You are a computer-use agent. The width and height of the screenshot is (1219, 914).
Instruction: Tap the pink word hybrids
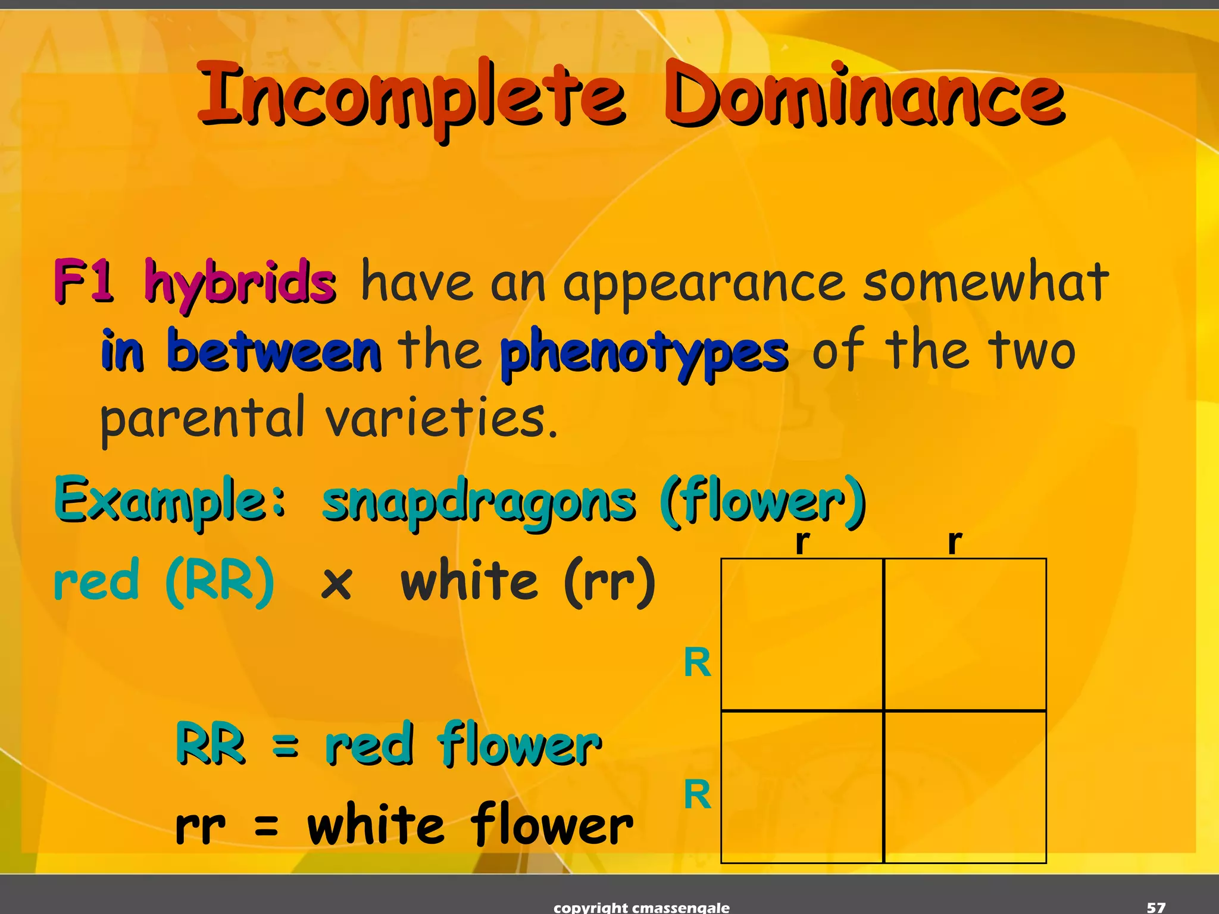pyautogui.click(x=240, y=283)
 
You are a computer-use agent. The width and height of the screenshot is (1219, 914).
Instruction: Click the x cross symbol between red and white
pyautogui.click(x=337, y=583)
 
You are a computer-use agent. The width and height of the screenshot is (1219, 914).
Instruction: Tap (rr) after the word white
pyautogui.click(x=610, y=582)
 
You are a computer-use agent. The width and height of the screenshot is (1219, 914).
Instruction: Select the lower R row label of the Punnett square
pyautogui.click(x=698, y=794)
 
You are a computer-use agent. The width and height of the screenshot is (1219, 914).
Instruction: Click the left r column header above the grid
pyautogui.click(x=802, y=541)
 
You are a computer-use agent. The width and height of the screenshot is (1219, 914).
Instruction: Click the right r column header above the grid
pyautogui.click(x=955, y=541)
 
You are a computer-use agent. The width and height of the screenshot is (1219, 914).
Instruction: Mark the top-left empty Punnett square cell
pyautogui.click(x=802, y=634)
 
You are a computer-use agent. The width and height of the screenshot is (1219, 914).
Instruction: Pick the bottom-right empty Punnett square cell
pyautogui.click(x=965, y=786)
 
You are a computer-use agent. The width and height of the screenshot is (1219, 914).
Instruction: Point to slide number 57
pyautogui.click(x=1156, y=907)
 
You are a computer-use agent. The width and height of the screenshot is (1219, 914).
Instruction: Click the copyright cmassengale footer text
pyautogui.click(x=642, y=907)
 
